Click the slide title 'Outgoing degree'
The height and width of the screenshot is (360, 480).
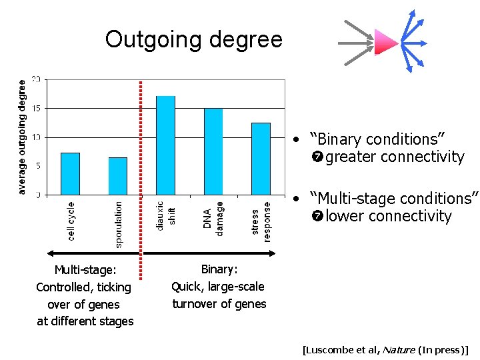(x=193, y=40)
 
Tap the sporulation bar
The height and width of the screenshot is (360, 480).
(x=118, y=176)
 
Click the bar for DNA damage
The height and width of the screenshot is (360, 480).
(x=213, y=151)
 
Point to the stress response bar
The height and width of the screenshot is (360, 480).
(x=261, y=159)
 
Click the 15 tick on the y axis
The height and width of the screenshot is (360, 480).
(x=36, y=108)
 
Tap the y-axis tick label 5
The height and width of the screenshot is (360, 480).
(x=37, y=166)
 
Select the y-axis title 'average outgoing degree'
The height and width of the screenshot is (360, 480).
(x=22, y=137)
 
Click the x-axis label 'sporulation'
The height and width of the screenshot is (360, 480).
(x=119, y=225)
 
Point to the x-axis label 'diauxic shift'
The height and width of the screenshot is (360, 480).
(x=165, y=215)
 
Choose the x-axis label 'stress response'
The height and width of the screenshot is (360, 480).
(x=261, y=221)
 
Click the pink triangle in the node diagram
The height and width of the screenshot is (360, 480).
(x=385, y=42)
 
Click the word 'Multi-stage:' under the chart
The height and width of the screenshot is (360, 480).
(x=85, y=270)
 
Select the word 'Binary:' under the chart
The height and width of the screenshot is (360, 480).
(x=219, y=269)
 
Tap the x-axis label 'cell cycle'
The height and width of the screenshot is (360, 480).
(x=71, y=221)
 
